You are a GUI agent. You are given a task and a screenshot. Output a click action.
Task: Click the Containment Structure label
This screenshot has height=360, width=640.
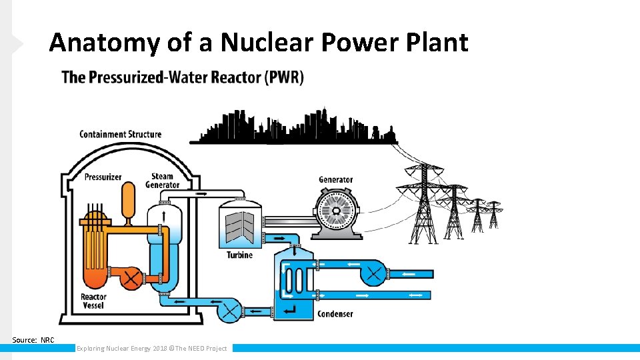click(121, 134)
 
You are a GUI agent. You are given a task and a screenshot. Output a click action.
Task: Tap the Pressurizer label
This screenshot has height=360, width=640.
click(103, 177)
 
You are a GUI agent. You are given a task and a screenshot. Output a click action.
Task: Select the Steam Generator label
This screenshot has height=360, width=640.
click(163, 181)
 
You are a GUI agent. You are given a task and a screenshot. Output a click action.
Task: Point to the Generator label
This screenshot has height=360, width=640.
click(335, 179)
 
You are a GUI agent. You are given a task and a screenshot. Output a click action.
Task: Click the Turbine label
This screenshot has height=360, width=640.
click(239, 255)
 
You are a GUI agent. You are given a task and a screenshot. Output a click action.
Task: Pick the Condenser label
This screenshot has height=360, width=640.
click(335, 314)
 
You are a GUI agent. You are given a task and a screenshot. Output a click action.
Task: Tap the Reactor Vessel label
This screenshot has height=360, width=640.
click(93, 301)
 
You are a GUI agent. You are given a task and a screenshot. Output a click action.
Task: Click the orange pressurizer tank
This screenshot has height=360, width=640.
click(127, 198)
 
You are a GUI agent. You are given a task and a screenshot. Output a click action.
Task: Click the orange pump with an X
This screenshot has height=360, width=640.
click(131, 277)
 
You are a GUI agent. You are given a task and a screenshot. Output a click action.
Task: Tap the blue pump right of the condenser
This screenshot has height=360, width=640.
click(374, 273)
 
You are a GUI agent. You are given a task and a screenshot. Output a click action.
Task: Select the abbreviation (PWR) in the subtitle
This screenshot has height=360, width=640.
click(284, 77)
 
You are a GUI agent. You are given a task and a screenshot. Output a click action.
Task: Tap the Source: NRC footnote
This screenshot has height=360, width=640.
click(33, 340)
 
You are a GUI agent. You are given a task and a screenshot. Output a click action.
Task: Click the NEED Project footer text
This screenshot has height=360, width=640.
click(151, 348)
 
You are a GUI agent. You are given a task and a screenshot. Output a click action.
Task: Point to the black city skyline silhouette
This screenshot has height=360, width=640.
click(293, 127)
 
